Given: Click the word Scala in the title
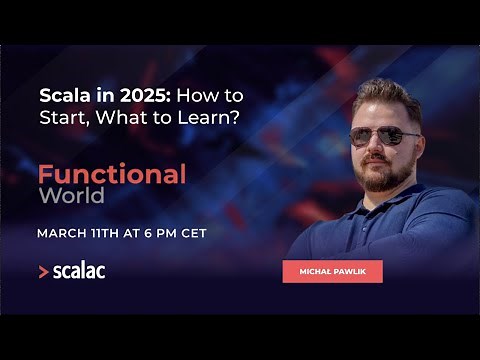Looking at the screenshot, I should (x=61, y=96).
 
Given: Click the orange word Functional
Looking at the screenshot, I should (x=112, y=174).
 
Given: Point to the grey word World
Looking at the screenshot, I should (x=71, y=195).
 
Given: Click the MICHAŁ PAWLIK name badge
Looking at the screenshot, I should (x=332, y=272).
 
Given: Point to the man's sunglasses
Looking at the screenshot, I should (x=385, y=134).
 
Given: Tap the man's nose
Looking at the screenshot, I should (x=383, y=148).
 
